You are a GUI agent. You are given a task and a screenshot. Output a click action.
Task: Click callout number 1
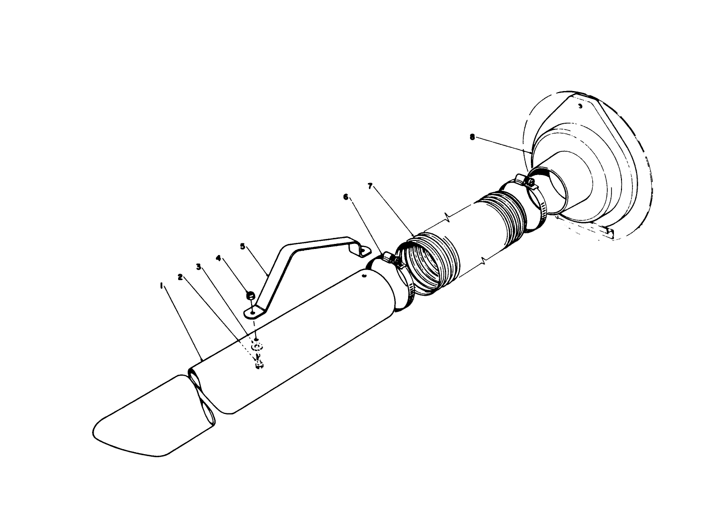(x=161, y=285)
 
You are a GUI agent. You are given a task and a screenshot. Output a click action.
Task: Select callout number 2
(x=180, y=277)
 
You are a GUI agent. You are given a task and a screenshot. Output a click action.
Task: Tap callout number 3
(x=199, y=267)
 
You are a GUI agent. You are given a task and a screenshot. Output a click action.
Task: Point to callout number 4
(x=218, y=258)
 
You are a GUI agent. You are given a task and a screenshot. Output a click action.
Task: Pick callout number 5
(x=243, y=246)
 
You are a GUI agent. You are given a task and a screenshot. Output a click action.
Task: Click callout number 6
(x=346, y=197)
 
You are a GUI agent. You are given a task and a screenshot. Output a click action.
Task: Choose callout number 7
(x=370, y=186)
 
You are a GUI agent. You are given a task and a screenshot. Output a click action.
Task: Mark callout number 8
(x=472, y=136)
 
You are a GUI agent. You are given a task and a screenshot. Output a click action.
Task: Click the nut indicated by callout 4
(x=250, y=295)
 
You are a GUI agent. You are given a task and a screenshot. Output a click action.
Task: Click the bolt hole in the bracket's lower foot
(x=251, y=313)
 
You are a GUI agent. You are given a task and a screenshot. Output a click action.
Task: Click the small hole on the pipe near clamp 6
(x=364, y=276)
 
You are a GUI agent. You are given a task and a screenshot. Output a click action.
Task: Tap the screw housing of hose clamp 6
(x=394, y=259)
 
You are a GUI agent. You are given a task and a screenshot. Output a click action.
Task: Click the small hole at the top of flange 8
(x=580, y=107)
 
